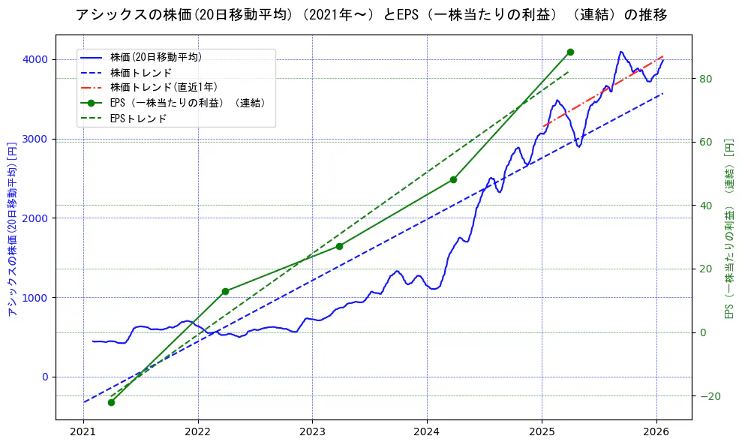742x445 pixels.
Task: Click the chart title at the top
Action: (371, 15)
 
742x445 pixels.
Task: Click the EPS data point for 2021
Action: (111, 402)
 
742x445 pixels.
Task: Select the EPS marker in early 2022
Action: (225, 291)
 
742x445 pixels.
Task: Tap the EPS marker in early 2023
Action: (339, 246)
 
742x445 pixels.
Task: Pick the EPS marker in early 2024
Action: (453, 179)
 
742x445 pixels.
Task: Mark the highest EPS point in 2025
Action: (570, 52)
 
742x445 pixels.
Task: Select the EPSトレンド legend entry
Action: (138, 118)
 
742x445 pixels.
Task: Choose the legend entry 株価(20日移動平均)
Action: (155, 57)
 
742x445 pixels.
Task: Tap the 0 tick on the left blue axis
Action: (44, 377)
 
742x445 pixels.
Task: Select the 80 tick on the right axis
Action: (705, 79)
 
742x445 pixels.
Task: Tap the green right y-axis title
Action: (728, 227)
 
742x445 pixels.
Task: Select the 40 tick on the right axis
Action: (705, 206)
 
